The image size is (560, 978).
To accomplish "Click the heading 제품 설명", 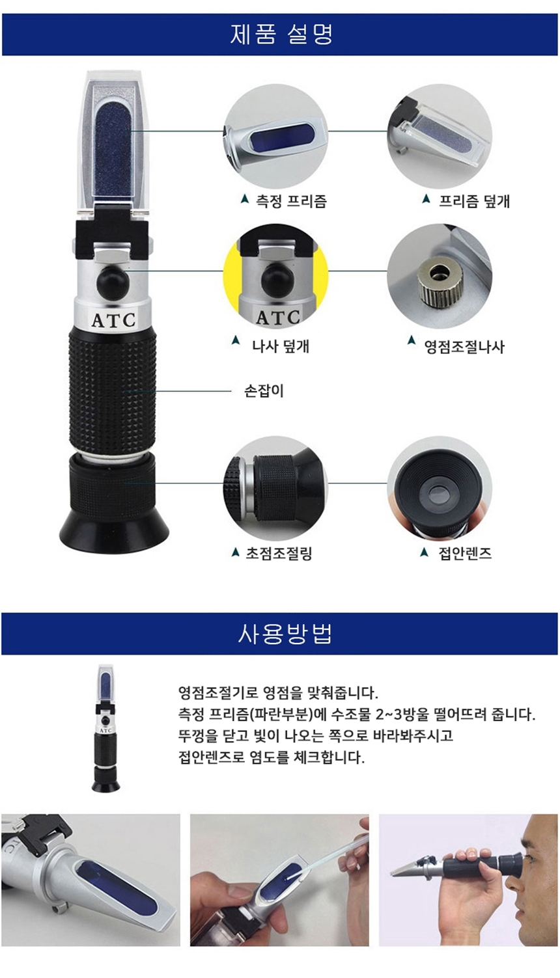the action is pos(282,34).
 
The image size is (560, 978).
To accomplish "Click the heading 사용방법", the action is pos(285,634).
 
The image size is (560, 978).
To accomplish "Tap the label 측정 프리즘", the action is pos(291,201).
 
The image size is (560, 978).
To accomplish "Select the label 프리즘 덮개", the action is pos(475,201).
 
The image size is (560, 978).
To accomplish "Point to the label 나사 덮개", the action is pos(281,346).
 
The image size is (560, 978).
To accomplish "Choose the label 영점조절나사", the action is pos(464,347).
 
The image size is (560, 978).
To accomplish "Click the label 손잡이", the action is pos(264,391).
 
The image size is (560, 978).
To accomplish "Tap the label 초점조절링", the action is pos(279,554).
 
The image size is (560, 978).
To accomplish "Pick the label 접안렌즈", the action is pos(465,554).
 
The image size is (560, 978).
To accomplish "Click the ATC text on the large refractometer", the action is pos(113,321).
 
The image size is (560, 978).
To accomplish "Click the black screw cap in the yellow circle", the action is pos(277,280).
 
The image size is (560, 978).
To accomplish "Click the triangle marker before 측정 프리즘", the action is pos(245,199).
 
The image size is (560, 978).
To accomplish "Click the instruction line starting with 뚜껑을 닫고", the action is pos(315,736).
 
